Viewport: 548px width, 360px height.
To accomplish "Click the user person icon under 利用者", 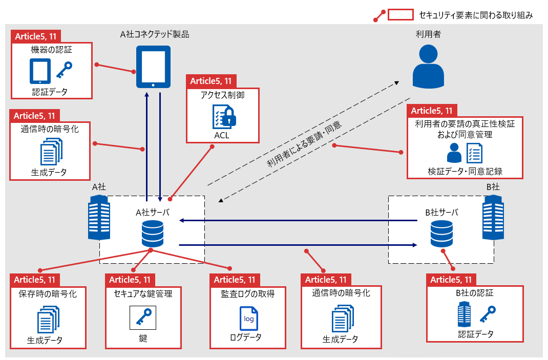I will coord(428,65).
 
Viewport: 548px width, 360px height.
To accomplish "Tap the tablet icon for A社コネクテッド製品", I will coord(153,67).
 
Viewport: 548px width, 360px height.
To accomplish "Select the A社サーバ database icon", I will coord(152,233).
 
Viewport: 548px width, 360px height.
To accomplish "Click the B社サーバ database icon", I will coord(441,233).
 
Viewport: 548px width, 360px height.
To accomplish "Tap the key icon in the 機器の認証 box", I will coord(65,71).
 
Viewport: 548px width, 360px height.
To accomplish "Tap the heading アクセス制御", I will coord(222,96).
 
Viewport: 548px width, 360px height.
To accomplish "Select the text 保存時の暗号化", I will coord(48,294).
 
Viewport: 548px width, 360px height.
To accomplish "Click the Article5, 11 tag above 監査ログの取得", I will coord(235,280).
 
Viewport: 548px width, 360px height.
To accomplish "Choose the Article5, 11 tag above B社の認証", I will coord(451,280).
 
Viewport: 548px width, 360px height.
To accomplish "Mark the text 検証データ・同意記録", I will coord(466,171).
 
